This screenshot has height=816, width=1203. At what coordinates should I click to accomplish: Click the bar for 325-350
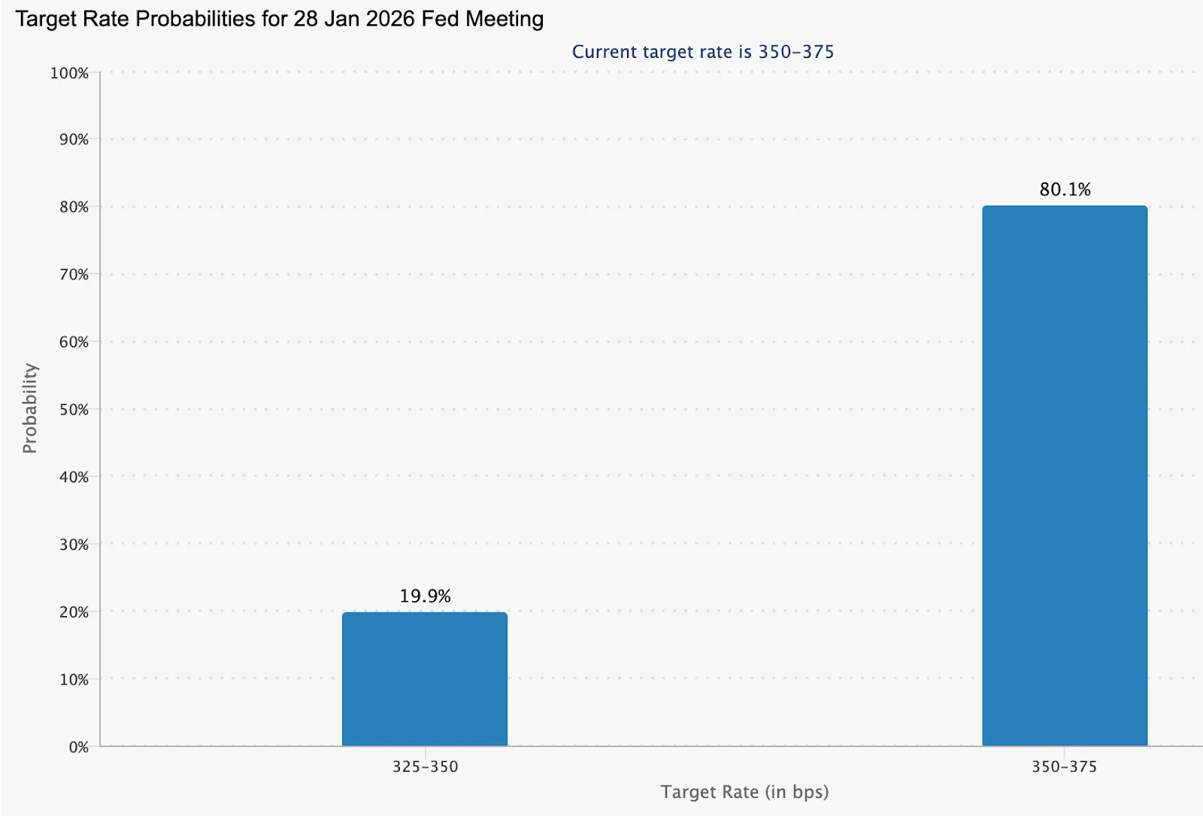click(425, 679)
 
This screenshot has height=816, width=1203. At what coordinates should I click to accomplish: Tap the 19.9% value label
click(425, 596)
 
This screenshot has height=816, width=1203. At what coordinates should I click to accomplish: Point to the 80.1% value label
click(1065, 189)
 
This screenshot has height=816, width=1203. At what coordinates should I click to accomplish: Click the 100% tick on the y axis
click(69, 73)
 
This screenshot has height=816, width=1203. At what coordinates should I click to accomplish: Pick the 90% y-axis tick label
click(74, 140)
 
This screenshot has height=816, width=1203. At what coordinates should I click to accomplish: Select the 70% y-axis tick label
click(74, 274)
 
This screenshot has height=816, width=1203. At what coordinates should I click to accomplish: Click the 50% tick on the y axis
click(74, 410)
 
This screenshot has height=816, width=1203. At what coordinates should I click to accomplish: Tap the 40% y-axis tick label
click(74, 476)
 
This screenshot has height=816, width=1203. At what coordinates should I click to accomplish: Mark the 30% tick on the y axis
click(74, 544)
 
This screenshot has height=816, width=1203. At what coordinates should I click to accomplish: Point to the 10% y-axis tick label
click(74, 679)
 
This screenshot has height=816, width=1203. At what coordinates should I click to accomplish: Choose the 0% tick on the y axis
click(78, 747)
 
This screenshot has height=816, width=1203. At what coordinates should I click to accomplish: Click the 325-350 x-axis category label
click(425, 767)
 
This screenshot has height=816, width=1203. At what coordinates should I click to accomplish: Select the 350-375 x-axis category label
click(1064, 767)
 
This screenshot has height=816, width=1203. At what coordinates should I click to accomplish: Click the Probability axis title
click(29, 408)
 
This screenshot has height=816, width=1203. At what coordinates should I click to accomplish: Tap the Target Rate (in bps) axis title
click(744, 792)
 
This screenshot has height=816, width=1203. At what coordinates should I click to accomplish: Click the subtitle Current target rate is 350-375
click(703, 52)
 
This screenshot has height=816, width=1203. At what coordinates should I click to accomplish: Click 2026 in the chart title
click(390, 19)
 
